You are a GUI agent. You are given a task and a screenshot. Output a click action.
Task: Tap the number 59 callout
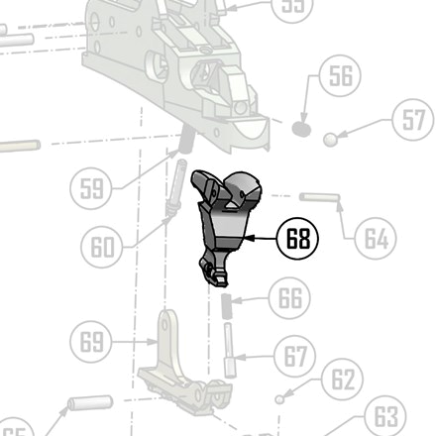(92, 188)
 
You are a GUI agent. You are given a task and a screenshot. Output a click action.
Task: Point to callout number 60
(102, 246)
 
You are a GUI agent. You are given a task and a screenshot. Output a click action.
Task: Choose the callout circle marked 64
(375, 238)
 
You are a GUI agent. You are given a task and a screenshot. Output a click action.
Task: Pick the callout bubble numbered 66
(289, 297)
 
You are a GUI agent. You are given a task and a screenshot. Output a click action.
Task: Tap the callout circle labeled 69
(91, 343)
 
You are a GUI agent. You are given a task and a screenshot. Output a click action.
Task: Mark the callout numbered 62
(343, 380)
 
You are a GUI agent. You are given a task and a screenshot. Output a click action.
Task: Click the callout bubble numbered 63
(386, 417)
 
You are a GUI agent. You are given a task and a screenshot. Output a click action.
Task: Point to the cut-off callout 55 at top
(292, 6)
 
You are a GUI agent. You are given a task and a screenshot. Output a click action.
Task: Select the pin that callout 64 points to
(318, 196)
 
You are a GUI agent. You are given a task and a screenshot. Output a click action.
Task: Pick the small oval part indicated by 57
(337, 139)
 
